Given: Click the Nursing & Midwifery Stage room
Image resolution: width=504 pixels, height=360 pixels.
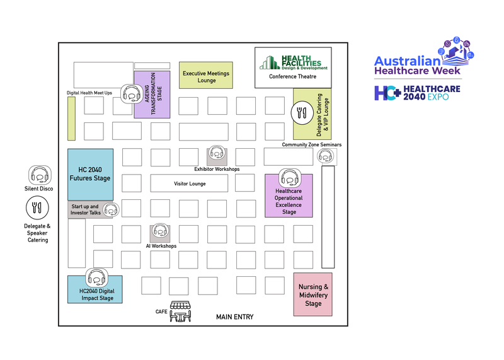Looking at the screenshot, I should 312,294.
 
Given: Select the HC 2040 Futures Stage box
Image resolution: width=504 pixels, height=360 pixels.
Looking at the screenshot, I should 90,174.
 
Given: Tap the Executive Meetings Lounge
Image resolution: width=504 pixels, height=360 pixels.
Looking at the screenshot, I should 206,76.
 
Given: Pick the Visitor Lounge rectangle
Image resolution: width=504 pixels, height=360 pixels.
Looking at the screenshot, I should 190,183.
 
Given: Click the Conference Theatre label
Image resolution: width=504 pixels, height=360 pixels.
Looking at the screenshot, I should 292,76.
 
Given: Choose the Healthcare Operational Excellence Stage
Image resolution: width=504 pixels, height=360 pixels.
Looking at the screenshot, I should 289,201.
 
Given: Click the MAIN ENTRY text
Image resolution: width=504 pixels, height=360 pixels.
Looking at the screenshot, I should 234,317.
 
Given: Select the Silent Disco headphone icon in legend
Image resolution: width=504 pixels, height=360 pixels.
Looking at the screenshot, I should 38,175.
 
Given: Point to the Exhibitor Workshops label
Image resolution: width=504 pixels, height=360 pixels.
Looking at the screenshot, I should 217,169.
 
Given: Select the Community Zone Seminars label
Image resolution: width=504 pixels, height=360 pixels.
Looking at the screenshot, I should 311,145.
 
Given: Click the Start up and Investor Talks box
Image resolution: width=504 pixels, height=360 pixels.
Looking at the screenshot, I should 86,209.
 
